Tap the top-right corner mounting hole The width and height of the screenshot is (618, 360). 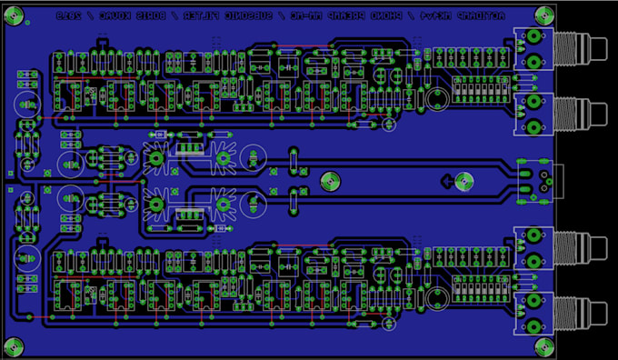(x=543, y=14)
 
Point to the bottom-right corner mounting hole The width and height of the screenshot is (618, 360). (x=543, y=345)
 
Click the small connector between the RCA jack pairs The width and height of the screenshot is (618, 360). (x=536, y=177)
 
